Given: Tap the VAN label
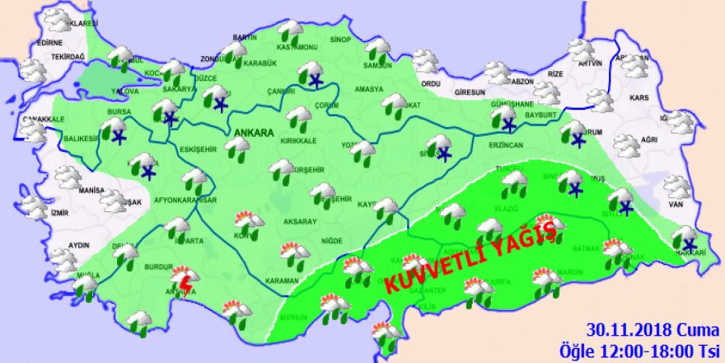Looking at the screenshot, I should tap(676, 204).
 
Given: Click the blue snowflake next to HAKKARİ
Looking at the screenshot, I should tap(688, 243).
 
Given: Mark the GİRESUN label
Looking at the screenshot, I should tap(466, 82).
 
